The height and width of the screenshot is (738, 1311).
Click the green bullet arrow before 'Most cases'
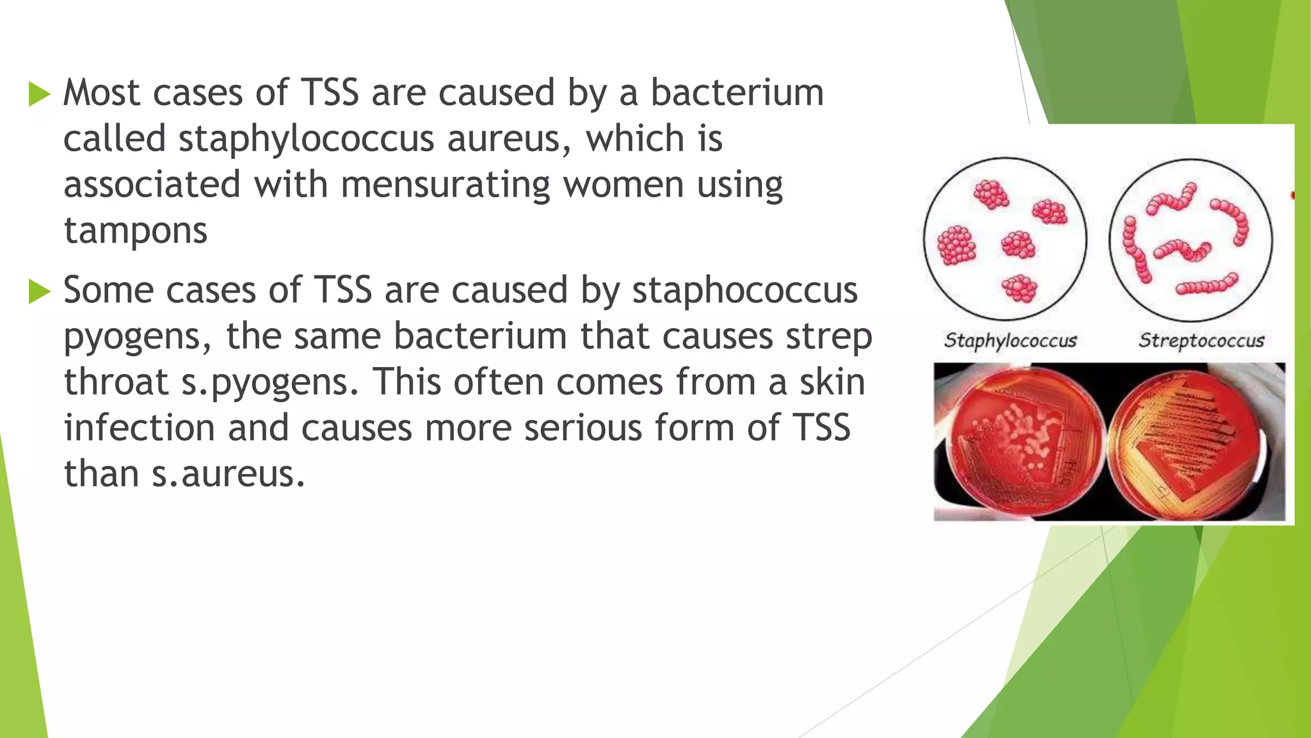pos(40,95)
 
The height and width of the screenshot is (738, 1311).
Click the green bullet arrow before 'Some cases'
pos(40,292)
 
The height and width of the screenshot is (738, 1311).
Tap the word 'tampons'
pos(136,231)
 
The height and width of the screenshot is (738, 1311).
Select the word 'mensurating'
pos(445,185)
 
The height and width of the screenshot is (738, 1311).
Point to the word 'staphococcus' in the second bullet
pos(744,291)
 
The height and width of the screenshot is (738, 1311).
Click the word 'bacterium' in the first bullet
pos(737,93)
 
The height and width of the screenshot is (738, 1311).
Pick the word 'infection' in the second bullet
pos(139,428)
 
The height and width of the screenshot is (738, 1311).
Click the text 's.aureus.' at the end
pos(228,475)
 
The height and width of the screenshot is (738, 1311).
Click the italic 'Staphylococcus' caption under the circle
pos(1010,340)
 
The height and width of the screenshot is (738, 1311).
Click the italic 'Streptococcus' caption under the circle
pos(1201,340)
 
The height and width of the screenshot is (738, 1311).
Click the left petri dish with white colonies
pos(1022,442)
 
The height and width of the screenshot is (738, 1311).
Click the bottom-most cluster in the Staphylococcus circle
pos(1019,288)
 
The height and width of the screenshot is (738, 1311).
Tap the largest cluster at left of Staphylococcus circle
pos(956,245)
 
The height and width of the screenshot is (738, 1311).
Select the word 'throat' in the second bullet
pos(116,382)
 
